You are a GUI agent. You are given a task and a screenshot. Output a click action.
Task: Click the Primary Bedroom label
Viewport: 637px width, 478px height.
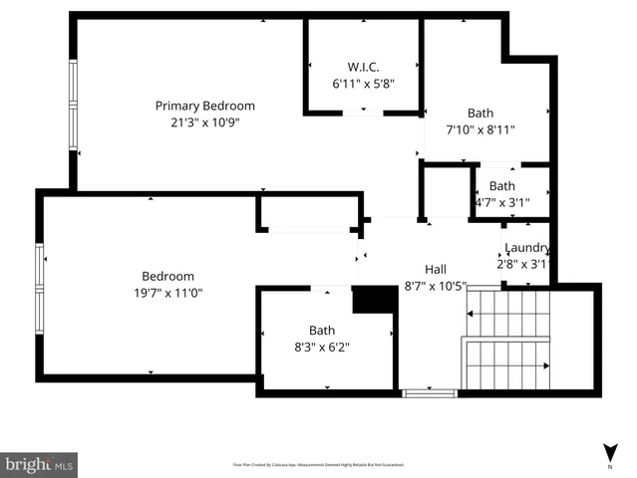pyautogui.click(x=204, y=106)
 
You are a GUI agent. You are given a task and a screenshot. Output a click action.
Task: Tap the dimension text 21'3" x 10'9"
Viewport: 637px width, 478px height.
pyautogui.click(x=204, y=122)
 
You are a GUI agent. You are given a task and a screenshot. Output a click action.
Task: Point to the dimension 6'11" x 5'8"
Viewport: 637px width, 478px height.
pyautogui.click(x=364, y=85)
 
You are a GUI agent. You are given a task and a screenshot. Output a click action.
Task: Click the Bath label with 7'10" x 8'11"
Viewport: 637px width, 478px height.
pyautogui.click(x=479, y=114)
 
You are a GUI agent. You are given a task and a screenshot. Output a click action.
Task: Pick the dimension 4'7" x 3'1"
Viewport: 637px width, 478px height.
pyautogui.click(x=502, y=202)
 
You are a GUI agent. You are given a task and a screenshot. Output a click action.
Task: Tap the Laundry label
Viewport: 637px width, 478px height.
pyautogui.click(x=526, y=248)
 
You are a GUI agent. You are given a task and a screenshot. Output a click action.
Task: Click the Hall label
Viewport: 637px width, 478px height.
pyautogui.click(x=436, y=269)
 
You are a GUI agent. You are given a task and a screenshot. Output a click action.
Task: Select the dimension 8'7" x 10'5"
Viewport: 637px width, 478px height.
pyautogui.click(x=436, y=286)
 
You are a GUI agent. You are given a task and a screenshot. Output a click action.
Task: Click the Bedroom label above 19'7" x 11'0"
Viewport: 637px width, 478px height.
pyautogui.click(x=167, y=276)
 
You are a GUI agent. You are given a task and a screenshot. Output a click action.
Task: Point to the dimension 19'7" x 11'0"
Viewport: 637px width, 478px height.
pyautogui.click(x=167, y=293)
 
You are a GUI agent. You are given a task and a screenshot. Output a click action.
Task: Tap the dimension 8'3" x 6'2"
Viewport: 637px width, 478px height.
pyautogui.click(x=322, y=347)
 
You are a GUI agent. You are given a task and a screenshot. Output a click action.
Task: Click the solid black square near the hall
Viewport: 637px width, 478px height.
pyautogui.click(x=375, y=300)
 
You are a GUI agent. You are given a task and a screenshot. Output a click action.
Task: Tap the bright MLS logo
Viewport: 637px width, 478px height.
pyautogui.click(x=40, y=464)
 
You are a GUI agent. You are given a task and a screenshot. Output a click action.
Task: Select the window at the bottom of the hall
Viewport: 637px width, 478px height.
pyautogui.click(x=430, y=393)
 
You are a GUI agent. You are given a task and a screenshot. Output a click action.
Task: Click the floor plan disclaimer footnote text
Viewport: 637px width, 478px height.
pyautogui.click(x=319, y=464)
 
